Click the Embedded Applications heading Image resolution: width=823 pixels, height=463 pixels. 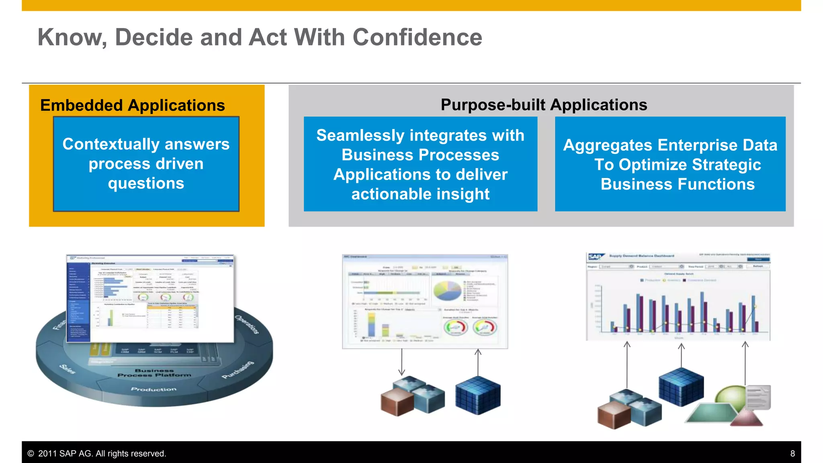tap(133, 105)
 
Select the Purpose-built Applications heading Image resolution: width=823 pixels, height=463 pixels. tap(544, 105)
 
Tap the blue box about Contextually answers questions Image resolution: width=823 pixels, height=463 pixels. tap(146, 164)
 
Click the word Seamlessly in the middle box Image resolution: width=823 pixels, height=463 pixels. tap(360, 135)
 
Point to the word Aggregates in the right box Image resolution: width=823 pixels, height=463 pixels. tap(607, 145)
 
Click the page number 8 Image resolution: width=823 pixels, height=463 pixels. tap(792, 453)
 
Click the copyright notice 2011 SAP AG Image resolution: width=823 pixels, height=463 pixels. tap(96, 453)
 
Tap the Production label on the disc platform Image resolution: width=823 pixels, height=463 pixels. tap(154, 389)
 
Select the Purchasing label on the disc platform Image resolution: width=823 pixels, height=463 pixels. tap(238, 370)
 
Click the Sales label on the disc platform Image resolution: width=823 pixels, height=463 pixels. tap(67, 369)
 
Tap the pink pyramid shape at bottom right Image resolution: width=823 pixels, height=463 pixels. tap(746, 418)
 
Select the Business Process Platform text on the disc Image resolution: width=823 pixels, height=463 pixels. tap(154, 373)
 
